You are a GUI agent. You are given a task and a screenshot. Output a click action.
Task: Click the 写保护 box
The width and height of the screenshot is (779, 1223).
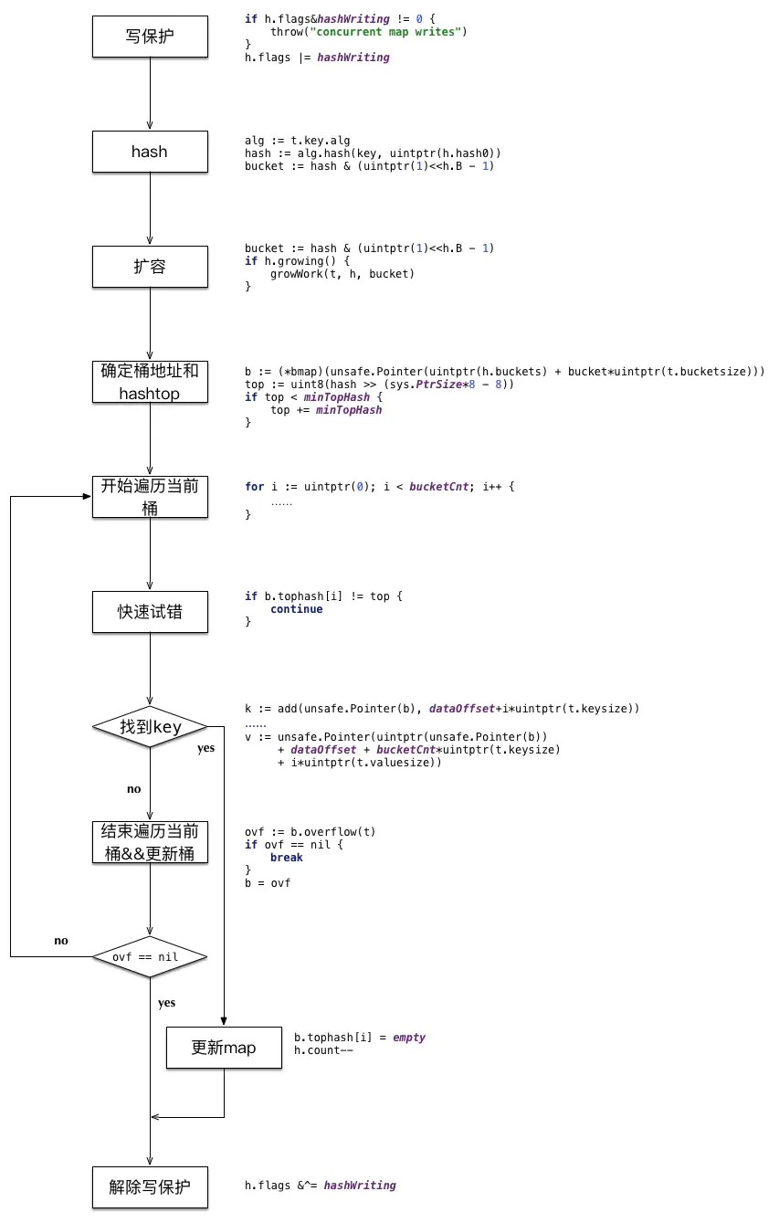tap(150, 37)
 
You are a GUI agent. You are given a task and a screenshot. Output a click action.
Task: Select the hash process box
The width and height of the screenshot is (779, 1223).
tap(150, 152)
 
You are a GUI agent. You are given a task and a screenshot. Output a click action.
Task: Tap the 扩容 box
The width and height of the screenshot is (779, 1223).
tap(150, 267)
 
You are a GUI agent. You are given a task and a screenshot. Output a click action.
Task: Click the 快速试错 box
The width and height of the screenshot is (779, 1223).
tap(150, 612)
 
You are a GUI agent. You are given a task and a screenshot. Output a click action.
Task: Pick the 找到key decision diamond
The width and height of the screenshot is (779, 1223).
tap(150, 727)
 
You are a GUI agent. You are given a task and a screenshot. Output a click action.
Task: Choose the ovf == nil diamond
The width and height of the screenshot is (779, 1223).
tap(150, 957)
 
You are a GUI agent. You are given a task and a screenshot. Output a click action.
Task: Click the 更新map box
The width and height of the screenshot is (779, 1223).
tap(224, 1048)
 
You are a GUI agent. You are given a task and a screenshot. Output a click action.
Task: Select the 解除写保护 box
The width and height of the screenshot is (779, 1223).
tap(150, 1187)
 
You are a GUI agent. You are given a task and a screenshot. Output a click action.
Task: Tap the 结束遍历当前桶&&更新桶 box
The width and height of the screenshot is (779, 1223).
tap(150, 842)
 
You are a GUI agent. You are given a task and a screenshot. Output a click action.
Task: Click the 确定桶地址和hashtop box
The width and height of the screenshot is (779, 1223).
tap(150, 382)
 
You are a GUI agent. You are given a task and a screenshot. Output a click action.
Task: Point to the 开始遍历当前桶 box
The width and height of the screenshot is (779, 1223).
tap(150, 497)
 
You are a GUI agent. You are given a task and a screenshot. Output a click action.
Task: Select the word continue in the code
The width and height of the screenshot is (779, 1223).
tap(297, 609)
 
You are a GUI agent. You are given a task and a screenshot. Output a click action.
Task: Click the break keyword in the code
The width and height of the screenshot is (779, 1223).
tap(287, 857)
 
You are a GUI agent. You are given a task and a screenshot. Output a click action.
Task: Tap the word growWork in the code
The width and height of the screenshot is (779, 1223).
tap(297, 273)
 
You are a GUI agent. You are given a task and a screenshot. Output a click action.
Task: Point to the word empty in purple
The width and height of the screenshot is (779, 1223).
tap(409, 1038)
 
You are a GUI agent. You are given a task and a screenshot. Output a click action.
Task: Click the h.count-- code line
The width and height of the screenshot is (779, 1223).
tap(323, 1050)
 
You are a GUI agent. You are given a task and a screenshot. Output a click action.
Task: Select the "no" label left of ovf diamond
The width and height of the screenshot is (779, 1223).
tap(61, 941)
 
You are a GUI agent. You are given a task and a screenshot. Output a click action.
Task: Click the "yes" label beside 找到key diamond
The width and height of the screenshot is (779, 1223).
tap(205, 749)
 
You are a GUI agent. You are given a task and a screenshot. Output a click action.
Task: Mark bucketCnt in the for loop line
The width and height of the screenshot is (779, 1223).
tap(439, 487)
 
